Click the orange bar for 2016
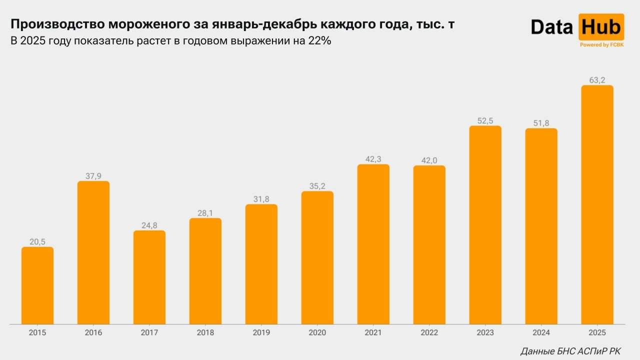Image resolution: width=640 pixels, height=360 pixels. [x=93, y=252]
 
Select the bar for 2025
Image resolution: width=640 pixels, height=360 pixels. [x=597, y=204]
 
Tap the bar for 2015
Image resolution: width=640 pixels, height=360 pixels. [x=37, y=285]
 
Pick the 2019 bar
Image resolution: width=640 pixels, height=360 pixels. [x=261, y=264]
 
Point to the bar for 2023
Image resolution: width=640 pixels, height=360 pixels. [x=485, y=225]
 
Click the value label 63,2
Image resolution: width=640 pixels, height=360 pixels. [x=597, y=80]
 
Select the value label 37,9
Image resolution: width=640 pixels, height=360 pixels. [x=93, y=176]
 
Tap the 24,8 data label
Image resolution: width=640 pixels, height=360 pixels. [x=149, y=225]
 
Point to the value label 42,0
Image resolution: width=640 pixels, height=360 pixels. [x=429, y=160]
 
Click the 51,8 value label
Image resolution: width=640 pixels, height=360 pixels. [x=541, y=123]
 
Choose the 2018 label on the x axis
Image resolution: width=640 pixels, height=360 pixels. [x=205, y=332]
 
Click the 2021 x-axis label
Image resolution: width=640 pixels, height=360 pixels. [x=373, y=332]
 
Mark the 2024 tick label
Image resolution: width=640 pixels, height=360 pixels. [x=541, y=332]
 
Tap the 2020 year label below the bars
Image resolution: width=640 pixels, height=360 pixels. [x=317, y=332]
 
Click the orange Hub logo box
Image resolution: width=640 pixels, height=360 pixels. [x=601, y=27]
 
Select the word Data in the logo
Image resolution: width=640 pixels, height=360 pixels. [x=551, y=27]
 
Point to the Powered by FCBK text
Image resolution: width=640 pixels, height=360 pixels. [x=601, y=45]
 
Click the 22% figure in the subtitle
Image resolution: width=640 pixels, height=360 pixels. [x=319, y=41]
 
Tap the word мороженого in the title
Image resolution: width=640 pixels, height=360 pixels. [x=141, y=24]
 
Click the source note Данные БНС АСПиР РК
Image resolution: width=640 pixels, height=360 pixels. [x=570, y=351]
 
